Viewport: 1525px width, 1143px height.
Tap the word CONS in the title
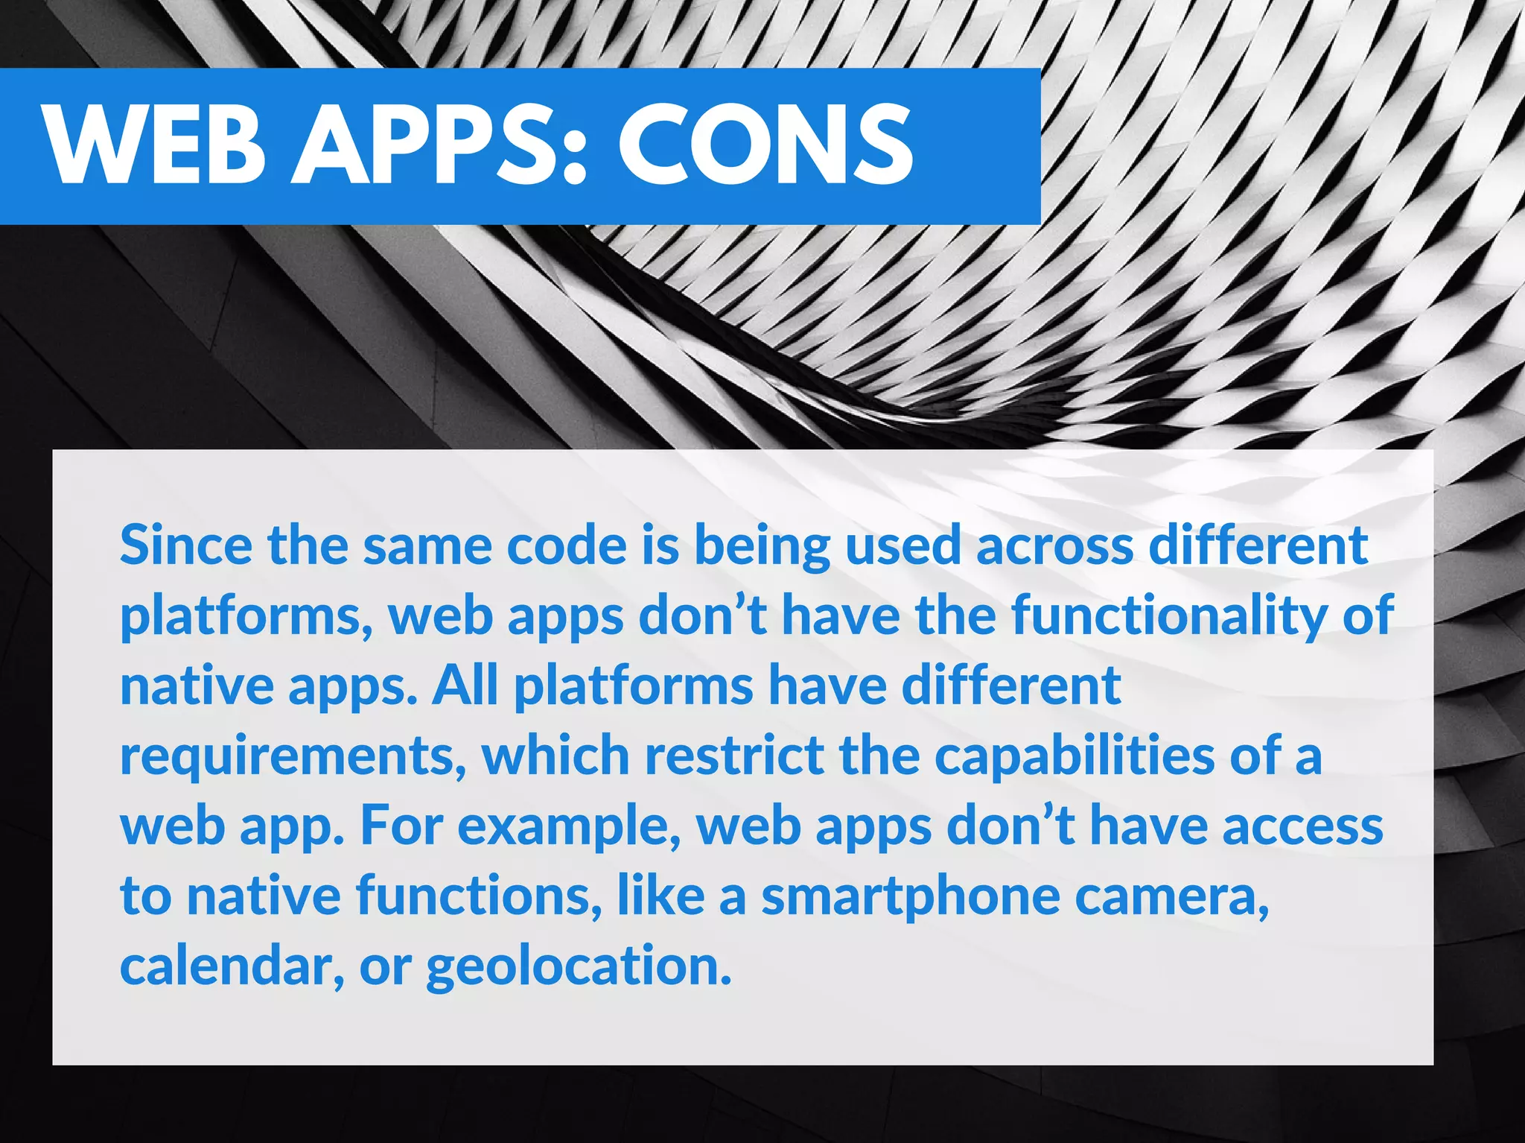point(765,145)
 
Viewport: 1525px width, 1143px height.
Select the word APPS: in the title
point(439,145)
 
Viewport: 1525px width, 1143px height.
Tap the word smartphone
point(910,896)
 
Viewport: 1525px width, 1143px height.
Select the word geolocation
point(579,966)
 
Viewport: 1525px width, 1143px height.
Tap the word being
point(762,546)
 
